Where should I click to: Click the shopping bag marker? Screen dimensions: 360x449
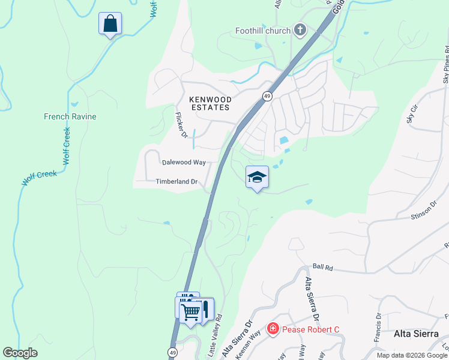(x=110, y=25)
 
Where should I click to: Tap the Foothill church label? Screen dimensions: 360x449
(x=264, y=30)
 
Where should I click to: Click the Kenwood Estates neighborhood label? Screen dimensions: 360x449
(x=209, y=103)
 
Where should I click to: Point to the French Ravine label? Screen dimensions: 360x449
(x=70, y=116)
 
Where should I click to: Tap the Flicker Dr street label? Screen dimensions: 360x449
(x=181, y=124)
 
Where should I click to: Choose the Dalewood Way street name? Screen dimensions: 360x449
(x=184, y=163)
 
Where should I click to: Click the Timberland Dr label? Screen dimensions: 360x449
(x=176, y=181)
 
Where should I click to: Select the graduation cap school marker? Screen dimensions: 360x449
(x=257, y=177)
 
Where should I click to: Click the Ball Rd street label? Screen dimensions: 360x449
(x=322, y=266)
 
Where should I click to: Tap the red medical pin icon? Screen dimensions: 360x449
(x=273, y=329)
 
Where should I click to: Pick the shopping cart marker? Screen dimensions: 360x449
(x=190, y=311)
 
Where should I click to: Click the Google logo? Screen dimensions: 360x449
(x=20, y=353)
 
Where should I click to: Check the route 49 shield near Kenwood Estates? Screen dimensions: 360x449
(x=266, y=96)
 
